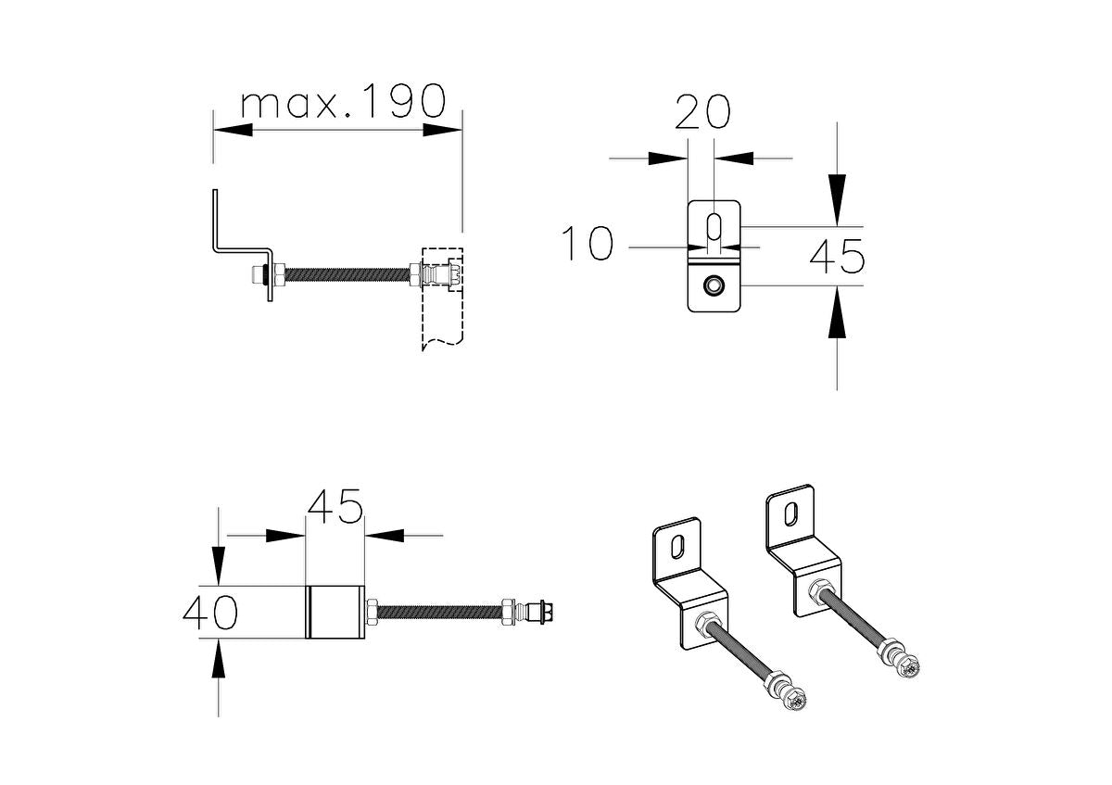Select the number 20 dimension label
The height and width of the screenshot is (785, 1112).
click(x=701, y=112)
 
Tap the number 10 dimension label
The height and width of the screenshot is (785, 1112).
click(x=588, y=245)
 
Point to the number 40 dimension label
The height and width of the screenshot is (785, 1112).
click(x=209, y=613)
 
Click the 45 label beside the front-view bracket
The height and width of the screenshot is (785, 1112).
click(x=837, y=257)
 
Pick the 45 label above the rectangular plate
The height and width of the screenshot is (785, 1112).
click(x=335, y=507)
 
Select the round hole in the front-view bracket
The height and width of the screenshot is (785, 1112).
click(x=714, y=286)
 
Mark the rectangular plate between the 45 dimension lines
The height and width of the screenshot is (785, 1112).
click(x=335, y=613)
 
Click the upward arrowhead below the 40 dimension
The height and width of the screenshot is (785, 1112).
click(x=219, y=658)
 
